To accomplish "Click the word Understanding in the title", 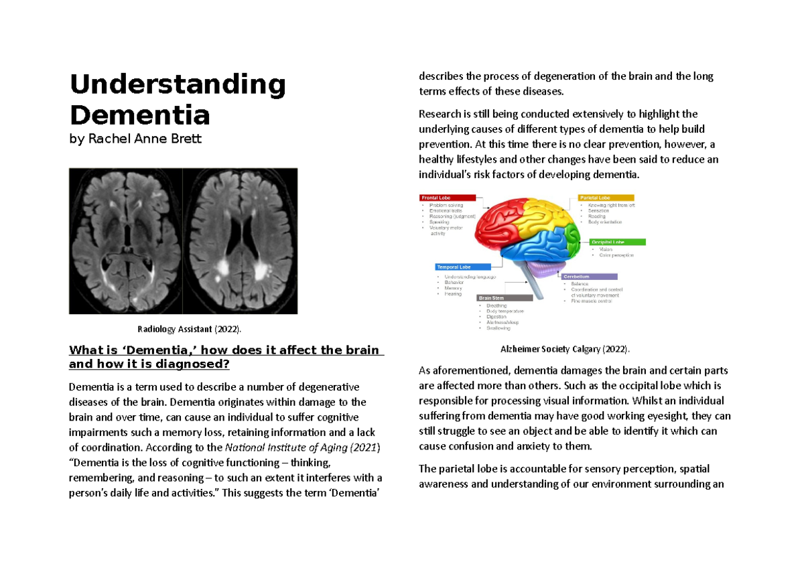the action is click(178, 86).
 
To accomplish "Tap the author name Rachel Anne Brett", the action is click(135, 140).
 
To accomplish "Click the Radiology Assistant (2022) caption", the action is click(188, 329).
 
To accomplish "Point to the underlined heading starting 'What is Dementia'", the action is click(224, 357).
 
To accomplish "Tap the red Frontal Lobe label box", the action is click(448, 198).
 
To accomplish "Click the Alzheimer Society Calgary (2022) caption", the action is click(565, 349).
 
